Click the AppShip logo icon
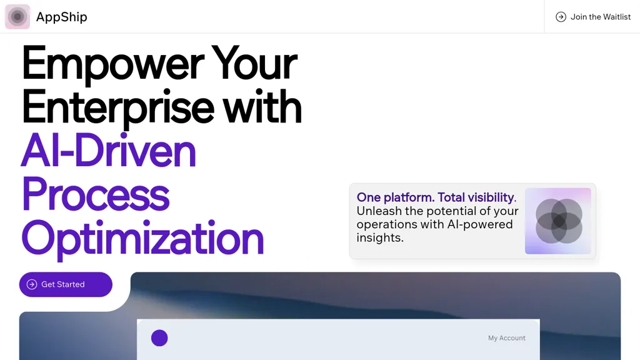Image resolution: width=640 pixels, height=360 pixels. click(x=17, y=17)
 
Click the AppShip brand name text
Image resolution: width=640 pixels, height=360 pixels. click(x=62, y=17)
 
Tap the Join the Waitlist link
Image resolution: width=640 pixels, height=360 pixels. click(x=593, y=17)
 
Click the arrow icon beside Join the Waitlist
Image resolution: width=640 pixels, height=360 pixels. click(x=561, y=17)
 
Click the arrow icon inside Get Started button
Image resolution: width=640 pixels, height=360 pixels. click(x=32, y=284)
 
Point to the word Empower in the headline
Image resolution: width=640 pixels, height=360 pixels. click(x=112, y=63)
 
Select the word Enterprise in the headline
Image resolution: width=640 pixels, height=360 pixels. click(x=118, y=107)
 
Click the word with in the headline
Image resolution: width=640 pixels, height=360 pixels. click(x=262, y=106)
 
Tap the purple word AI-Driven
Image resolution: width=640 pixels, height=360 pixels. click(x=109, y=150)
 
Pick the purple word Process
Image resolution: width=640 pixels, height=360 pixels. click(x=96, y=194)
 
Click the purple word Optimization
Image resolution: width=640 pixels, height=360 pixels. click(x=143, y=239)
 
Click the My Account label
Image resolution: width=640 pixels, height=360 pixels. click(x=507, y=338)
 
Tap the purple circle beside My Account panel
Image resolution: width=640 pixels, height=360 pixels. click(x=159, y=338)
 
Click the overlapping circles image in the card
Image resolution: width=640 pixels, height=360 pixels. click(x=558, y=221)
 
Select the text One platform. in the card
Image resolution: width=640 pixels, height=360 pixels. click(x=396, y=197)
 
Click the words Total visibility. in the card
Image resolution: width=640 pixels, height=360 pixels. click(x=477, y=197)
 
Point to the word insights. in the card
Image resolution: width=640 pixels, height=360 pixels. click(x=380, y=237)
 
